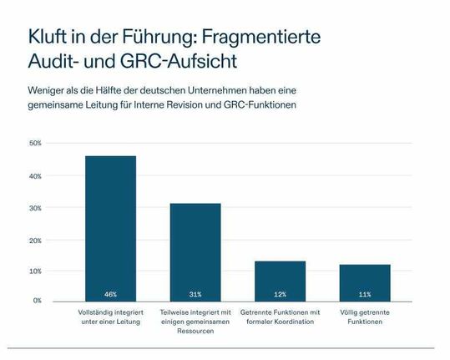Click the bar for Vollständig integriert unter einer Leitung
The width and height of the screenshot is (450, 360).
(110, 226)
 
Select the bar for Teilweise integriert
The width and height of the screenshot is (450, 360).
(195, 251)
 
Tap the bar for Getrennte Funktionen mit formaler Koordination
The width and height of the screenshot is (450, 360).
(280, 280)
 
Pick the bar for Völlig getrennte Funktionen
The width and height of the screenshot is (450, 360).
(365, 281)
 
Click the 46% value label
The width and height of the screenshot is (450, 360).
(110, 294)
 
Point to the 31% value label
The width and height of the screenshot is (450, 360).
(195, 294)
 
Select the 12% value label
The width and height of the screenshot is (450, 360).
(280, 294)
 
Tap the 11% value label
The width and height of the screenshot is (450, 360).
(365, 294)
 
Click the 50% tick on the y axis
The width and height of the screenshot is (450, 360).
(35, 144)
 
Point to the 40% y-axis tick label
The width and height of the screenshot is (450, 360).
(35, 176)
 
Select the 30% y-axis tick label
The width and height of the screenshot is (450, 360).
(35, 207)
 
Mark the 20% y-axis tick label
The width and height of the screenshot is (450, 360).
(35, 240)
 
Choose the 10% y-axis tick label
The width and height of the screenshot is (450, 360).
(35, 271)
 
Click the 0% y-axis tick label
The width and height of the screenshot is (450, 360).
(37, 300)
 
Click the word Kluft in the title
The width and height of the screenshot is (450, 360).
(48, 38)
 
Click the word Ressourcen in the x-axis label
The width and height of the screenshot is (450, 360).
(195, 331)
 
